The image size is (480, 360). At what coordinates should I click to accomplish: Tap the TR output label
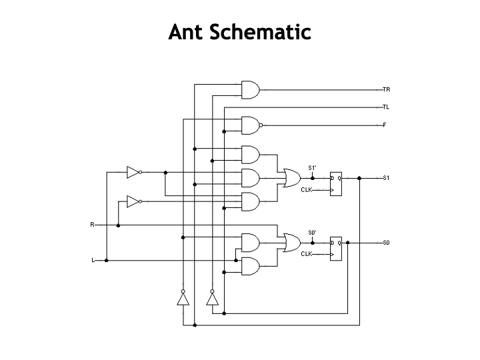[386, 89]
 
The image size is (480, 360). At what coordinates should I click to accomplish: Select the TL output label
[386, 107]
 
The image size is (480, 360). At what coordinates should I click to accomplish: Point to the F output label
[385, 125]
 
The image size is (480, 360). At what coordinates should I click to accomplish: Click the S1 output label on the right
[386, 178]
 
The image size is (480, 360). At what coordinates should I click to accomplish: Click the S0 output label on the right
[386, 243]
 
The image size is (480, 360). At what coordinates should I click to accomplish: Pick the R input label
[92, 225]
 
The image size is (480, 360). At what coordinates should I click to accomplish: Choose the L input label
[93, 260]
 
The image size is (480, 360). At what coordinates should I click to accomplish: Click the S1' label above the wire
[312, 167]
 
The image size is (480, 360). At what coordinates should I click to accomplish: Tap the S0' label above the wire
[312, 232]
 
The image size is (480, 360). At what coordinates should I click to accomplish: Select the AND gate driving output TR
[250, 89]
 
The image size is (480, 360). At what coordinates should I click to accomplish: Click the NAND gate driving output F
[251, 125]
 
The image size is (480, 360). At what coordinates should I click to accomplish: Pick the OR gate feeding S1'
[291, 178]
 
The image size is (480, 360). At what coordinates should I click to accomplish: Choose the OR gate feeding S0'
[291, 243]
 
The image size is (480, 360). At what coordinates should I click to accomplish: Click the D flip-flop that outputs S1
[335, 185]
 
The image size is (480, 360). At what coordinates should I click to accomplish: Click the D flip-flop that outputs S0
[335, 249]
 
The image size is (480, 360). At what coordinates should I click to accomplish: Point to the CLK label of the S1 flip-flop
[307, 189]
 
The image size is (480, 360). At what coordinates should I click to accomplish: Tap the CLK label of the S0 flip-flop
[307, 254]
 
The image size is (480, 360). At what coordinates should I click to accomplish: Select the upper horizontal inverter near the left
[134, 172]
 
